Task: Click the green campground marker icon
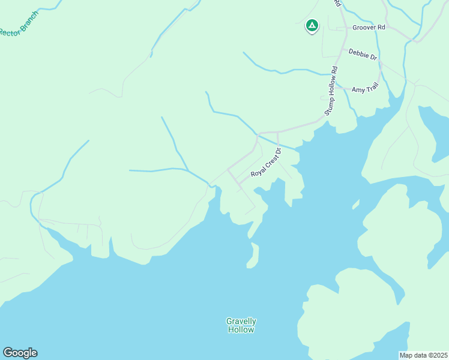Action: coord(312,25)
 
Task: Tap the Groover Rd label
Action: coord(369,28)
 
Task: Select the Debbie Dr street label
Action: coord(363,55)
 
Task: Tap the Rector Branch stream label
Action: coord(19,22)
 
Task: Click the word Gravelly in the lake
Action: coord(241,321)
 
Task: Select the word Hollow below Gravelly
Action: coord(241,329)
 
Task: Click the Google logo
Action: coord(20,353)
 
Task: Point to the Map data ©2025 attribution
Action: coord(423,355)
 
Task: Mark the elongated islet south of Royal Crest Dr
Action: coord(253,256)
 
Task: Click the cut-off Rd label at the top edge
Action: coord(338,4)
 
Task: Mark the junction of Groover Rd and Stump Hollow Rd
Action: coord(337,28)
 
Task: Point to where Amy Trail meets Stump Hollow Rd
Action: coord(334,89)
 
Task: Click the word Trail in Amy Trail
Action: coord(372,89)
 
